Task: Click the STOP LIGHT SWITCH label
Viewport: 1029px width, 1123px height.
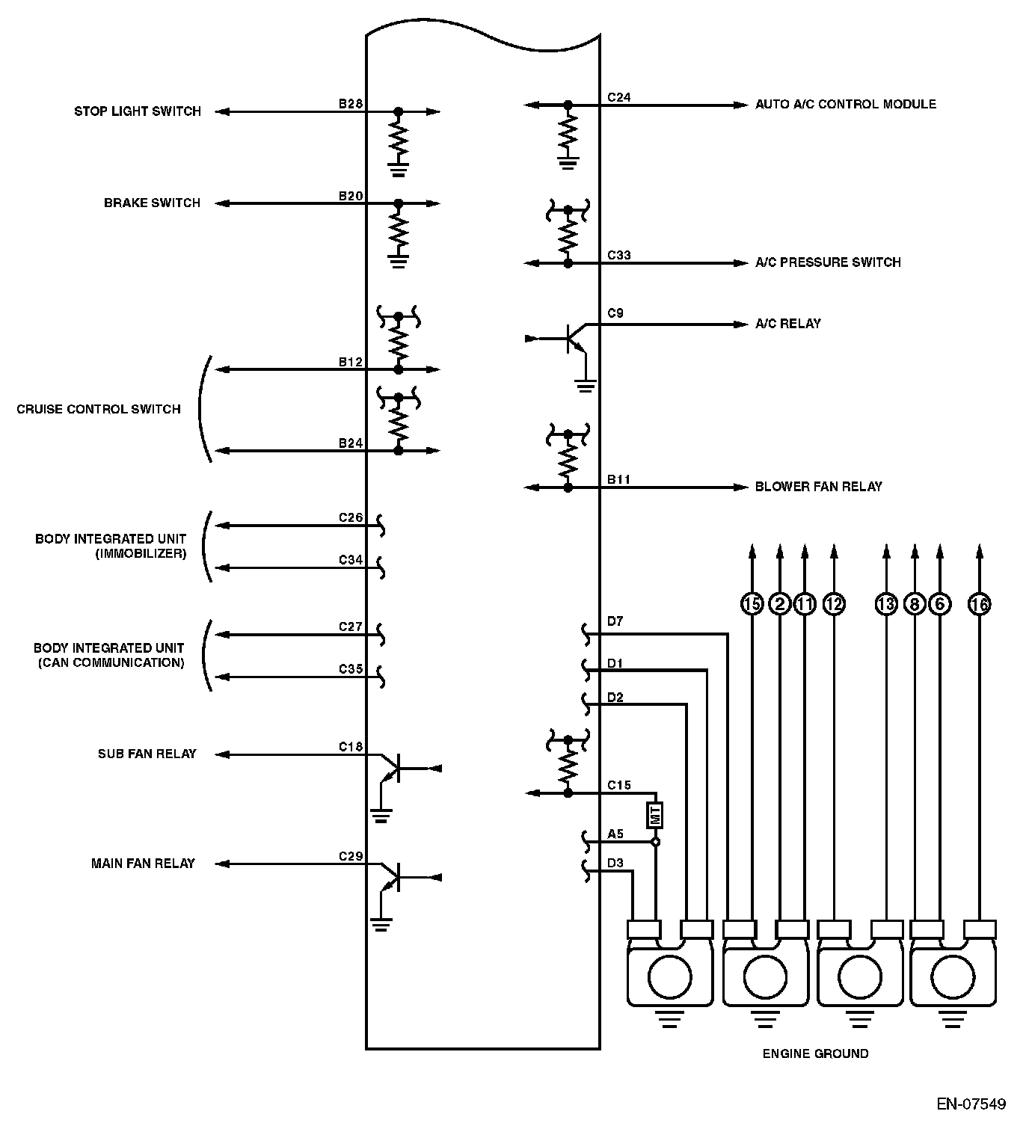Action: coord(138,111)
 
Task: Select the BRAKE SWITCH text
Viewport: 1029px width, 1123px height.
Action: coord(152,203)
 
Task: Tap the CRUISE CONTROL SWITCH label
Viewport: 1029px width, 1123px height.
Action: coord(99,409)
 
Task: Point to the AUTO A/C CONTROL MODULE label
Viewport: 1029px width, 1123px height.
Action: coord(845,104)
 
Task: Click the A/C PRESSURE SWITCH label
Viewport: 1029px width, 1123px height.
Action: coord(828,262)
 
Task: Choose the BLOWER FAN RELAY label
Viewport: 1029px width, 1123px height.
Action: coord(818,487)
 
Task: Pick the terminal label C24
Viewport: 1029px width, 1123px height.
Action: coord(618,97)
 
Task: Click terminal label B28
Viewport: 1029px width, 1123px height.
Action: coord(350,103)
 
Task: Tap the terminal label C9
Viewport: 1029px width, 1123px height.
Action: coord(615,313)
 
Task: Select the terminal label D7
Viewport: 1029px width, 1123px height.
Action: coord(615,621)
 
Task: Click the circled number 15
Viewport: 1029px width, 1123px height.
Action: coord(752,603)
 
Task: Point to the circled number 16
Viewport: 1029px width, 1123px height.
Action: coord(979,603)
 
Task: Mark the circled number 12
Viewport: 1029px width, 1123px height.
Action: coord(834,603)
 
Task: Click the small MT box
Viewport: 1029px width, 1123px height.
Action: coord(656,814)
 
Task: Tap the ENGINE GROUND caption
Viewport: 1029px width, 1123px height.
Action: coord(815,1053)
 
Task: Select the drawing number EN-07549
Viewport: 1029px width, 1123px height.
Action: coord(971,1104)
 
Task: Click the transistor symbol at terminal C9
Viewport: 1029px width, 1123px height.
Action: coord(574,339)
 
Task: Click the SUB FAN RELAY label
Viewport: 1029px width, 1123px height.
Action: coord(147,754)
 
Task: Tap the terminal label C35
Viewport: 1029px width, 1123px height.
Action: coord(350,669)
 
